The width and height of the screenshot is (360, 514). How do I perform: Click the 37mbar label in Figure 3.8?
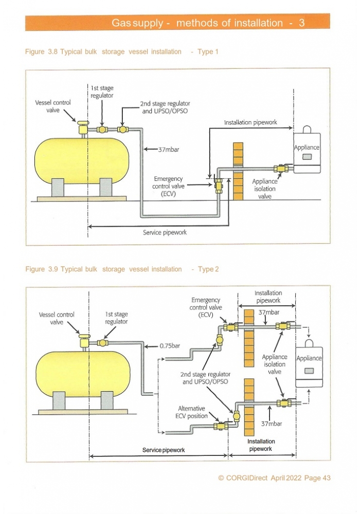[x=169, y=150]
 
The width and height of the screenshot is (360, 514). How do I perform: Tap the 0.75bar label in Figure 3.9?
[x=170, y=346]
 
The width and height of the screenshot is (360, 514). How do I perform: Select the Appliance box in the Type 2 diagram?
[x=309, y=363]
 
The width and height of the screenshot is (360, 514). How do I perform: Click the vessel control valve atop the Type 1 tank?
[x=82, y=126]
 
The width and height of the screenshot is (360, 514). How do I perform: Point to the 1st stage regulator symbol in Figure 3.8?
[x=102, y=129]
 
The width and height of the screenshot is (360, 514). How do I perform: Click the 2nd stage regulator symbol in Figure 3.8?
[x=122, y=129]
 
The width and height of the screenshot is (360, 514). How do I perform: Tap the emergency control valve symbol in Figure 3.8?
[x=219, y=186]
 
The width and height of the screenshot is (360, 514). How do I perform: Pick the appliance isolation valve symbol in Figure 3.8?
[x=281, y=169]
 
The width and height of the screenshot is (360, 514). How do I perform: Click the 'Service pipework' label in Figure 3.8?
[x=165, y=232]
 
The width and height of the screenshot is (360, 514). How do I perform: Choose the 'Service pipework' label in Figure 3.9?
[x=163, y=450]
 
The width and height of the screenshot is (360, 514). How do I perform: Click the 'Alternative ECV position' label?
[x=191, y=412]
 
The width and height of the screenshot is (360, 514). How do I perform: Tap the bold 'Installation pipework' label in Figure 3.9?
[x=261, y=445]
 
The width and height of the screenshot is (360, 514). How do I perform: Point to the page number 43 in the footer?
[x=327, y=478]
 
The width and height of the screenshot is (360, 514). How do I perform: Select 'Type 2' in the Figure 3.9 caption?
[x=208, y=269]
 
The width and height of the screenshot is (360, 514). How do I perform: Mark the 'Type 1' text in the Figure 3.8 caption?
[x=208, y=51]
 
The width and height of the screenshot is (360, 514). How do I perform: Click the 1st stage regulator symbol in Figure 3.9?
[x=103, y=343]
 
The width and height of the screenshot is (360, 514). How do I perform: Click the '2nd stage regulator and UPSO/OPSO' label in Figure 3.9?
[x=205, y=378]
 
